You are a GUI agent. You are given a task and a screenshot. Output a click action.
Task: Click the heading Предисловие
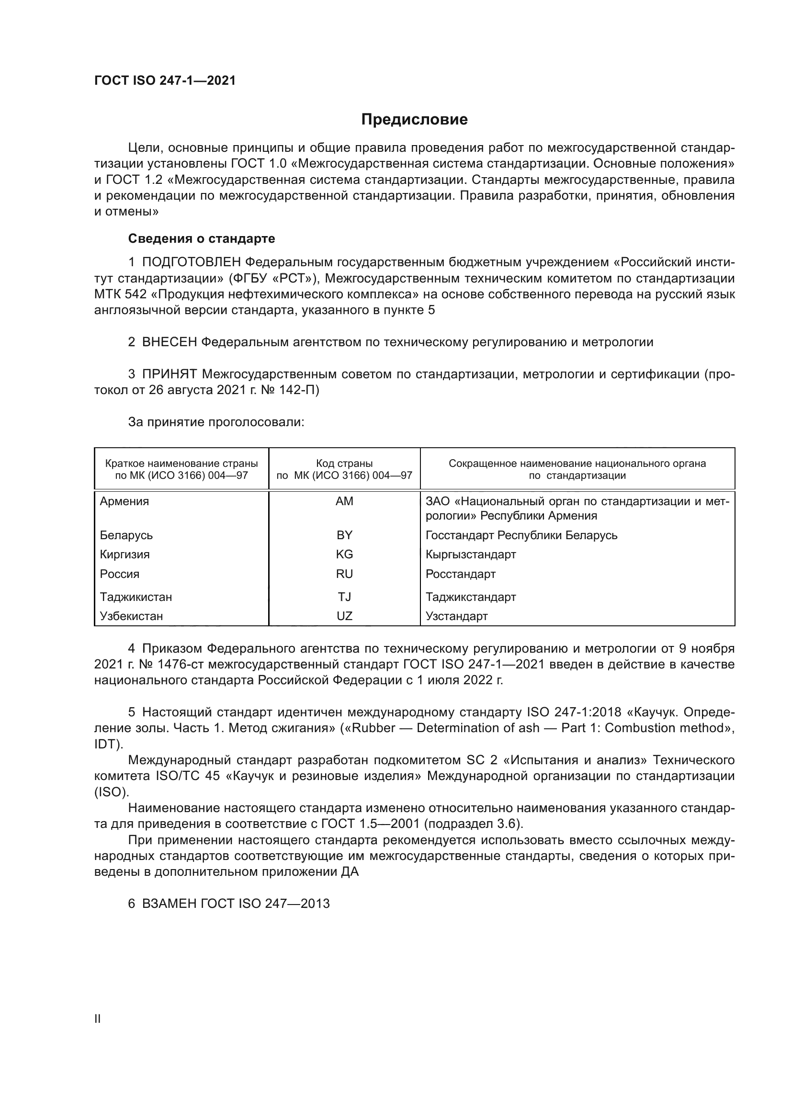pos(414,120)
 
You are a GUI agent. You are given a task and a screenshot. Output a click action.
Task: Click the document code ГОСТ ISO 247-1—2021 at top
pos(165,81)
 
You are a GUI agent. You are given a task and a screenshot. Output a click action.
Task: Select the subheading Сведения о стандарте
pos(202,238)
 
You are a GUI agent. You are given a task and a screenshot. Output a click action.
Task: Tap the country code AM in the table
pos(344,501)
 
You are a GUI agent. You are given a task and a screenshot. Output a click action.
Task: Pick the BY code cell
pos(344,535)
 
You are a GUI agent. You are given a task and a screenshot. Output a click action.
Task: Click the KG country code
pos(344,554)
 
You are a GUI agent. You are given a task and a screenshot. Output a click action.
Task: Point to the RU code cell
pos(344,574)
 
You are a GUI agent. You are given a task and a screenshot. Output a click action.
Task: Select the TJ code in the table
pos(344,597)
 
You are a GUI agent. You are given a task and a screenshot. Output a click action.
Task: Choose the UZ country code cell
pos(344,616)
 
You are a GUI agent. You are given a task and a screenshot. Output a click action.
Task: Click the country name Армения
pos(124,501)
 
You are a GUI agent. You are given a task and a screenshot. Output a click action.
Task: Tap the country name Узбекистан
pos(131,616)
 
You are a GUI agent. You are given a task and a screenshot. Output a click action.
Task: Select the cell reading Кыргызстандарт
pos(471,554)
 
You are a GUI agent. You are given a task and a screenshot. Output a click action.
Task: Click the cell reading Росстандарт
pos(460,574)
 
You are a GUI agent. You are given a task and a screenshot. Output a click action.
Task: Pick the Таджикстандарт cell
pos(471,597)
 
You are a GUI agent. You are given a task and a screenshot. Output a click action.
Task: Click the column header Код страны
pos(344,464)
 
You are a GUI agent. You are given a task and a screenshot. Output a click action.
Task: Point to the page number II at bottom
pos(98,1019)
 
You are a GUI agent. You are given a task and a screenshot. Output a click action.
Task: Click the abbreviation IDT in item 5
pos(106,744)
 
